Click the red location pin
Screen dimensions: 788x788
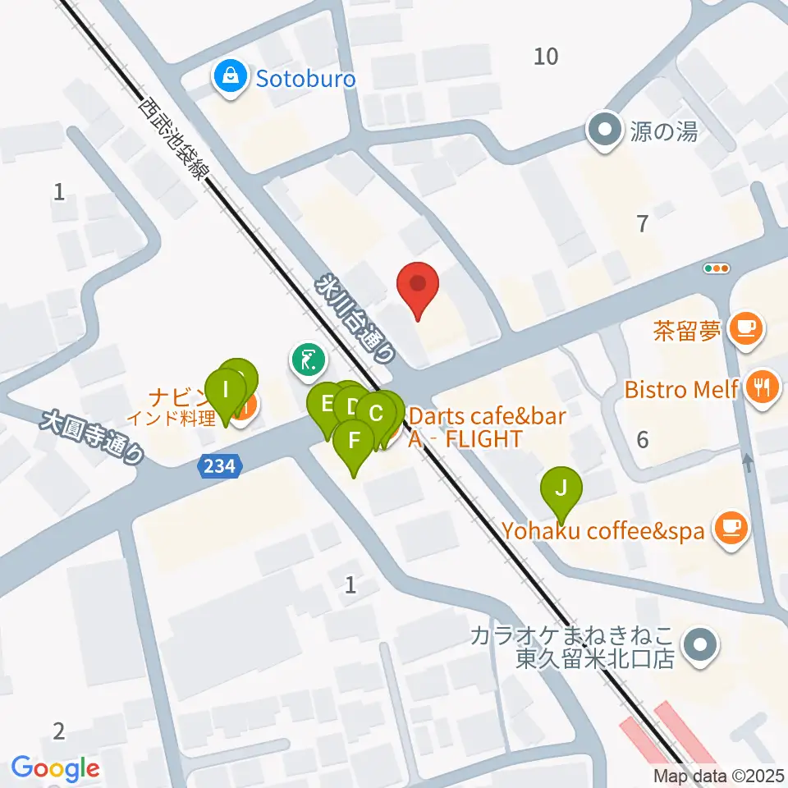pos(418,287)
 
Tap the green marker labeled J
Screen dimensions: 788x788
pos(561,489)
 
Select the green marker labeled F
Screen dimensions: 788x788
pos(355,442)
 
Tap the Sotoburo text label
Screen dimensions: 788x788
pos(305,79)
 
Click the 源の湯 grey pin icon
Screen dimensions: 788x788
pos(606,130)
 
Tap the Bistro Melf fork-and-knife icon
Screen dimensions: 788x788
pos(761,387)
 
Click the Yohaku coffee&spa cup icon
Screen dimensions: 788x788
pos(730,529)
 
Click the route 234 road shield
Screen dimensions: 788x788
pos(220,467)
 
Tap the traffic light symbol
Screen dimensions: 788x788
pos(717,268)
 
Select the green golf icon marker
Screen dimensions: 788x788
pos(307,360)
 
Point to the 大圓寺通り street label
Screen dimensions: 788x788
pos(94,439)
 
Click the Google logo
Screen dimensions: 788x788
pos(55,769)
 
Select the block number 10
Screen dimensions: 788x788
pos(546,56)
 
